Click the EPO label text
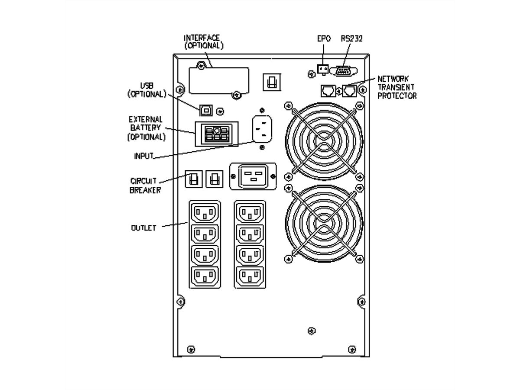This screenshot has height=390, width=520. pos(324,39)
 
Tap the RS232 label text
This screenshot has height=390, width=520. pos(351,39)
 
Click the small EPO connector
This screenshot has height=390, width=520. pos(322,69)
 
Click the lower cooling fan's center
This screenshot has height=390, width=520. pos(324,224)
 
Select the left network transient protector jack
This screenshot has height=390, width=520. pos(327,90)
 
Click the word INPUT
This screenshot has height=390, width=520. pos(143,156)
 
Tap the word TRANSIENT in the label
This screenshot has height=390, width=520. pos(394,87)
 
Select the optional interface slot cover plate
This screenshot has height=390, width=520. pos(218,80)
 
